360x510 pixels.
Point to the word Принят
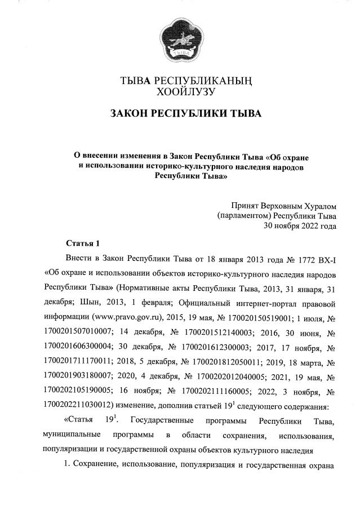[246, 206]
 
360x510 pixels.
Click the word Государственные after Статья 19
[162, 421]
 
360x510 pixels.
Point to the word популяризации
[72, 449]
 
